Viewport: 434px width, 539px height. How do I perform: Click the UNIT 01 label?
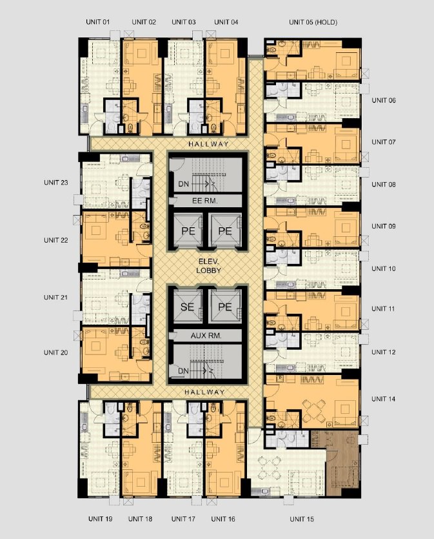[x=98, y=22]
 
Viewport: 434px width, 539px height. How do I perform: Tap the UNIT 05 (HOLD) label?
[x=313, y=22]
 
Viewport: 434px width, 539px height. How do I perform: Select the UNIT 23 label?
[x=56, y=183]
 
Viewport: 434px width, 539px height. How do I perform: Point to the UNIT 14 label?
[x=383, y=399]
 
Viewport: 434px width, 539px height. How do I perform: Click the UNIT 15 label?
[x=302, y=519]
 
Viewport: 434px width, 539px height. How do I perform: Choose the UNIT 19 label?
[x=100, y=519]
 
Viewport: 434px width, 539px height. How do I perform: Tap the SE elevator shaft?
[x=188, y=306]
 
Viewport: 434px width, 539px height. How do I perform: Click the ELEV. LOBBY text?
[x=208, y=266]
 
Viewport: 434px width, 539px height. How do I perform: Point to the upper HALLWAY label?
[x=208, y=144]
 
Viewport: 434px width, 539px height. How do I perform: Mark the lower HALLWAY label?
[x=204, y=392]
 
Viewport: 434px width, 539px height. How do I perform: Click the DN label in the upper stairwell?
[x=183, y=184]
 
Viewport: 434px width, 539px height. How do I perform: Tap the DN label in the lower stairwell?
[x=183, y=371]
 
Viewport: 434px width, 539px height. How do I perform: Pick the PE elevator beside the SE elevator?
[x=226, y=306]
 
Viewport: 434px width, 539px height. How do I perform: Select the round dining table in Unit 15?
[x=269, y=468]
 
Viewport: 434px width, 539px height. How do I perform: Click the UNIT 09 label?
[x=384, y=226]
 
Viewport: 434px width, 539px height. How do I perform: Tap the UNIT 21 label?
[x=56, y=298]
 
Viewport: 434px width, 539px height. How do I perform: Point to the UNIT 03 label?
[x=184, y=22]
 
